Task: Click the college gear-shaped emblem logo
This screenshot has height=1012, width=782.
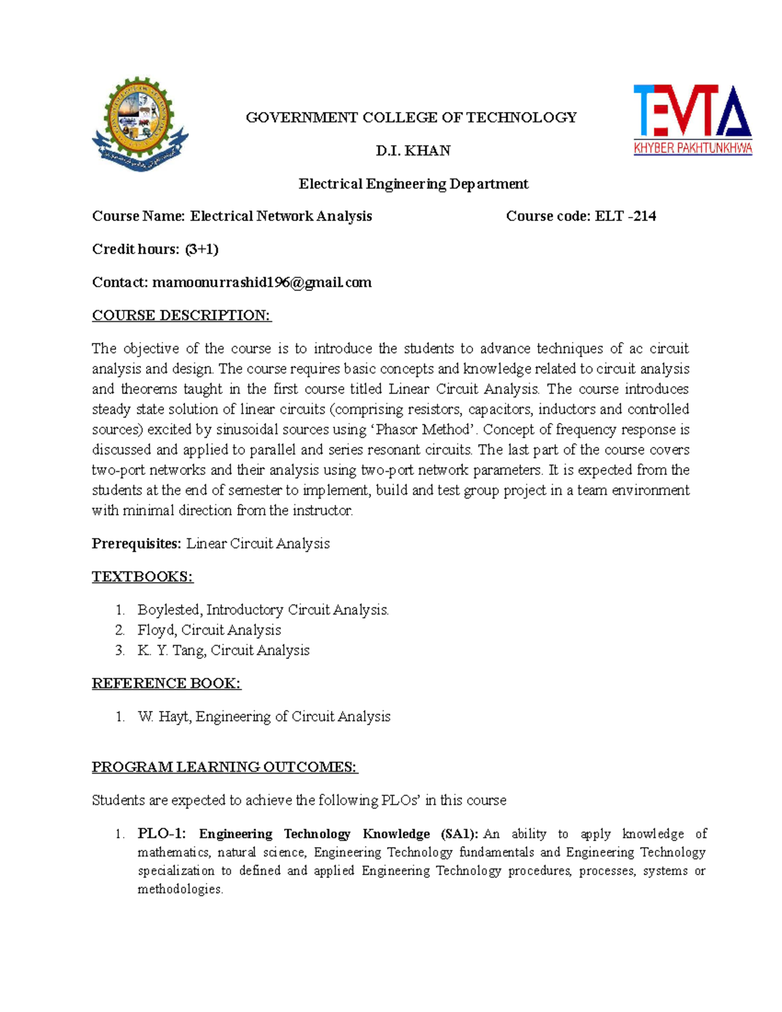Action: tap(140, 124)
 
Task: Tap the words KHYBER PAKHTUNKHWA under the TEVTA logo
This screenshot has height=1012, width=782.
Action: tap(693, 149)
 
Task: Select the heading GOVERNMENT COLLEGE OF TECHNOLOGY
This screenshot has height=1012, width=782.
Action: tap(411, 117)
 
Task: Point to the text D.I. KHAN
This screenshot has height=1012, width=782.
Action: tap(413, 151)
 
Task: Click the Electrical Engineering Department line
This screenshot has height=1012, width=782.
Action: tap(413, 184)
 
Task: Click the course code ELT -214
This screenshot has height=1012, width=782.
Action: tap(625, 216)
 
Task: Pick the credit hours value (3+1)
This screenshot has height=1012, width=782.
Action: tap(201, 249)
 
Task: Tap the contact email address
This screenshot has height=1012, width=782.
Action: tap(261, 282)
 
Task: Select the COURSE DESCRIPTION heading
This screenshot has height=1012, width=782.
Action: tap(181, 315)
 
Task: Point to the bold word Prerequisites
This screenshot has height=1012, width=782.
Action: tap(136, 543)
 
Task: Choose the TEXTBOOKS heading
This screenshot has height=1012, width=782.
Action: tap(142, 577)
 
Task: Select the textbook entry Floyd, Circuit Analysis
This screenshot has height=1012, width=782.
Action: tap(209, 630)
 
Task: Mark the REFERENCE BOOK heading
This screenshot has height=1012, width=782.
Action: tap(166, 684)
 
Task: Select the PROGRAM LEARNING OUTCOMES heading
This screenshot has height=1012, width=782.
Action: tap(225, 767)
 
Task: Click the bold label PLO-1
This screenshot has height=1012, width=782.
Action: tap(161, 834)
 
